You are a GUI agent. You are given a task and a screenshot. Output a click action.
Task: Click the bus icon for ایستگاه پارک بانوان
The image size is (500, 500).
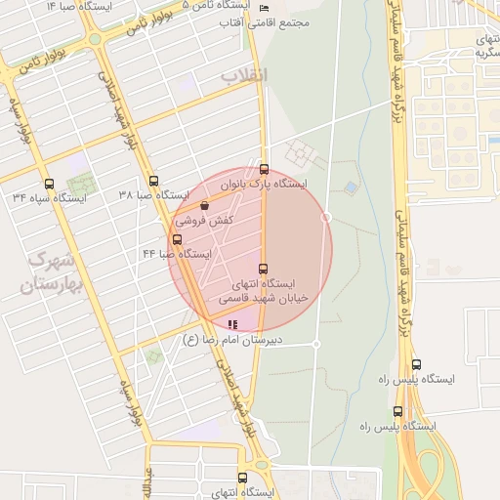coord(264,169)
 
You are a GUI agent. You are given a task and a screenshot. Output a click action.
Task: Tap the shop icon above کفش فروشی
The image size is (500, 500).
coord(204,206)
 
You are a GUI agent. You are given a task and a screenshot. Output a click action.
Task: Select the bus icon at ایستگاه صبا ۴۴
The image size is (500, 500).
coord(177,239)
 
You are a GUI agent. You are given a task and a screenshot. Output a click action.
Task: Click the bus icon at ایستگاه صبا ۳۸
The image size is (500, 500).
coord(153,181)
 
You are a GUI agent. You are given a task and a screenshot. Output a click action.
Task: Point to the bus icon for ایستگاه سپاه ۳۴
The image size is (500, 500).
coord(49,184)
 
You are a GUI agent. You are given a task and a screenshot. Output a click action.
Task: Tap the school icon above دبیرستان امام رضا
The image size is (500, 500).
coord(232,324)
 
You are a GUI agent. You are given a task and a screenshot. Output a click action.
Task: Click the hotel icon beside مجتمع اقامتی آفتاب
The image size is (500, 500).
coord(265,8)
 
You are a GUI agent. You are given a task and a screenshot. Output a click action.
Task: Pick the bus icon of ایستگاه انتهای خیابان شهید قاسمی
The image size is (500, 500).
coord(262,269)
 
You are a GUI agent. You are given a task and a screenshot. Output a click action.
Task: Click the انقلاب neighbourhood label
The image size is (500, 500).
coord(244,75)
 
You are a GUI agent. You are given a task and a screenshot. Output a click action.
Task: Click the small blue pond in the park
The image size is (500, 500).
coord(351,187)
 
